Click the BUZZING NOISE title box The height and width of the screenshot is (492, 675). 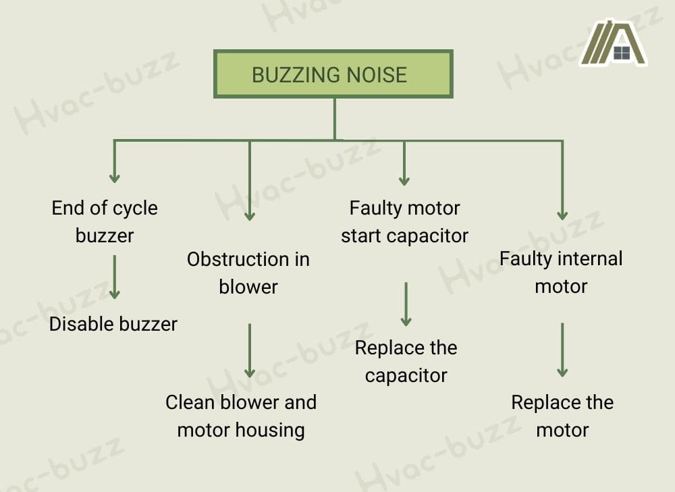click(x=333, y=74)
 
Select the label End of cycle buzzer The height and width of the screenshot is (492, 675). click(x=105, y=221)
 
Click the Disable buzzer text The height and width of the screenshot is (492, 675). click(x=113, y=324)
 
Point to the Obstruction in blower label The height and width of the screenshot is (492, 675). click(x=248, y=273)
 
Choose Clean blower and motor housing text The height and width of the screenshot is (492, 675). click(x=241, y=416)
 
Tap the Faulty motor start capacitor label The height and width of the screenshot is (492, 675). click(x=404, y=222)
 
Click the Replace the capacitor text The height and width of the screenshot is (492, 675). click(x=406, y=361)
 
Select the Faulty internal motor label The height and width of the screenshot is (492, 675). click(x=561, y=272)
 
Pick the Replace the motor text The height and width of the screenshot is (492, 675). click(x=562, y=416)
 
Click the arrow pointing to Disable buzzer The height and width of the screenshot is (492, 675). click(x=115, y=277)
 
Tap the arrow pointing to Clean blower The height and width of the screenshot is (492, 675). click(x=250, y=350)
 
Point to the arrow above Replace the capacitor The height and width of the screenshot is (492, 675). click(x=406, y=304)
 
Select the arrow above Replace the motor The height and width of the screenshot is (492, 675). click(x=562, y=350)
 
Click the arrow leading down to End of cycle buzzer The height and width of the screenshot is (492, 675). click(x=115, y=161)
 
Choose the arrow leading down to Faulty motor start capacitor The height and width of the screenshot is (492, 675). click(x=404, y=163)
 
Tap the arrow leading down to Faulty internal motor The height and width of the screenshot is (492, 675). click(x=562, y=180)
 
